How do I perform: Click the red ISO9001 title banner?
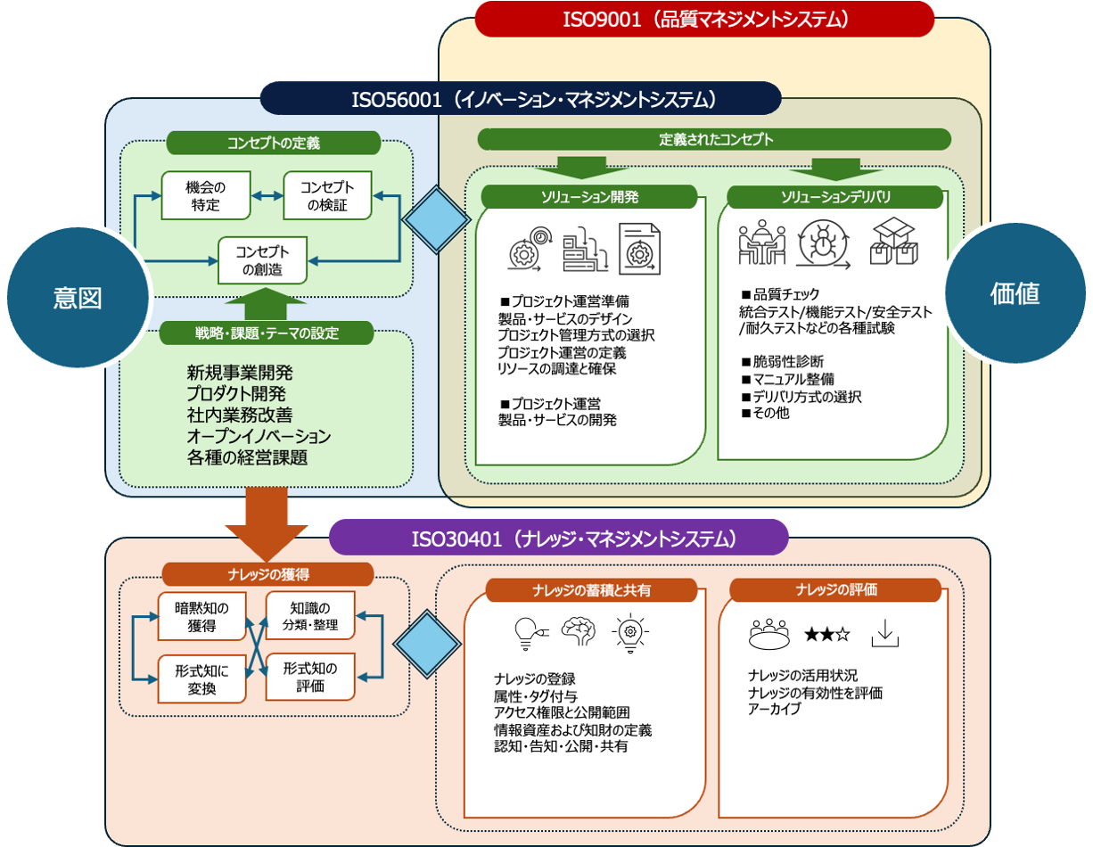(703, 19)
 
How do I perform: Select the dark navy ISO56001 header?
(521, 98)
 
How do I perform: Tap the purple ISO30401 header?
(559, 538)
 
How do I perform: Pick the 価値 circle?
(1015, 293)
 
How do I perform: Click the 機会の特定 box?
(206, 195)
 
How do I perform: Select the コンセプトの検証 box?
(326, 195)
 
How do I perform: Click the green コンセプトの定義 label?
(274, 143)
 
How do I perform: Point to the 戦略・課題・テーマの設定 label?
(267, 333)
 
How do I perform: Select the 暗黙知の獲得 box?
(201, 616)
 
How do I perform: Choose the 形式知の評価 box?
(310, 677)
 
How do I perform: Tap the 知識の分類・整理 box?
(310, 616)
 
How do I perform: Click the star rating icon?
(826, 634)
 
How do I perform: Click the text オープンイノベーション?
(259, 437)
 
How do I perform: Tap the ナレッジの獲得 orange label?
(267, 574)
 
